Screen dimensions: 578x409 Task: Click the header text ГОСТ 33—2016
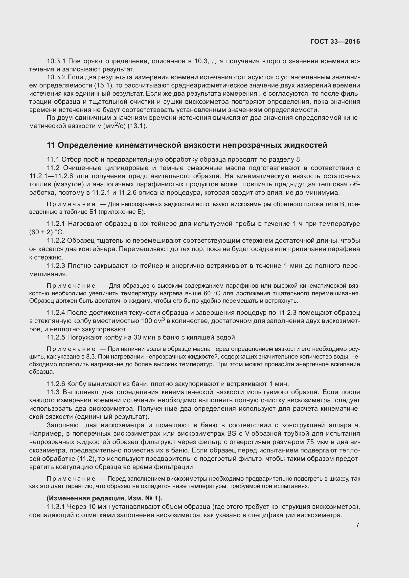coord(335,42)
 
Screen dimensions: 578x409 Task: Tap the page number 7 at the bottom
coord(358,525)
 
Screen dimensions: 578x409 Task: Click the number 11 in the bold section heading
coord(51,145)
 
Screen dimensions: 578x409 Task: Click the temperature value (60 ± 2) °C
coord(47,232)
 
